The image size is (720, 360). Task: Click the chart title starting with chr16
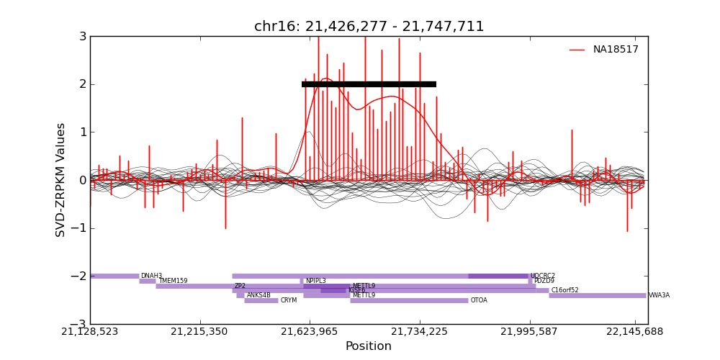369,27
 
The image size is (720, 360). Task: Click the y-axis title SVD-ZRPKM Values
61,180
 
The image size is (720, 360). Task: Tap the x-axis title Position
369,346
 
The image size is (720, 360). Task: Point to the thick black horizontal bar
369,84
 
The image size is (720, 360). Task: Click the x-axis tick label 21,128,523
90,332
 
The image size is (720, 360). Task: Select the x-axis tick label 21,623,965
310,332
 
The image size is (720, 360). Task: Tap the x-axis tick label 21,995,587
531,332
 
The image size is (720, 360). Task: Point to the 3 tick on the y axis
83,36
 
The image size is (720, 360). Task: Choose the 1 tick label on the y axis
83,132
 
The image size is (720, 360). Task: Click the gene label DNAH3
151,276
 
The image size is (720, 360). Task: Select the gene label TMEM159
173,281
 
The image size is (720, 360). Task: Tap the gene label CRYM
288,300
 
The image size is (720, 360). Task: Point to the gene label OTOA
479,300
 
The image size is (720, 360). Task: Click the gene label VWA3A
659,295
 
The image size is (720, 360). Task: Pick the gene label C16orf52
564,290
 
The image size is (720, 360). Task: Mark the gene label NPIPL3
315,281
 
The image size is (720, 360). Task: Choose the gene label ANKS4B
258,295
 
